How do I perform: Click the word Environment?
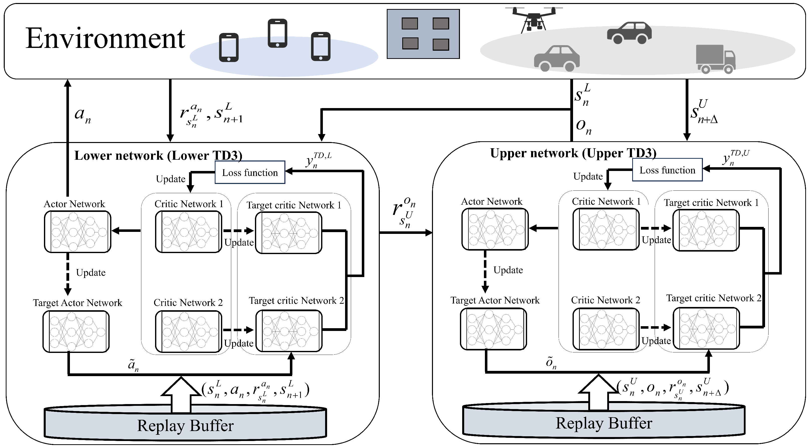[105, 38]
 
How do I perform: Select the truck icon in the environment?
[715, 59]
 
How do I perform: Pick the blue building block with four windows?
[423, 34]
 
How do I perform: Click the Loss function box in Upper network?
[667, 170]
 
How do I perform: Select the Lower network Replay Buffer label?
[185, 426]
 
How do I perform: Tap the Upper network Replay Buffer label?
[604, 423]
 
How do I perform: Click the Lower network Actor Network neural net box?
[77, 232]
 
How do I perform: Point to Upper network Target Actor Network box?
[493, 329]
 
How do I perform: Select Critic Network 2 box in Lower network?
[189, 331]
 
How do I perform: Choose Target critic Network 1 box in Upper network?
[706, 230]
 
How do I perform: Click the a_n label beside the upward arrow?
[82, 115]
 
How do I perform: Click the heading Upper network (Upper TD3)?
[573, 153]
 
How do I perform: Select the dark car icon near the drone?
[629, 33]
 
